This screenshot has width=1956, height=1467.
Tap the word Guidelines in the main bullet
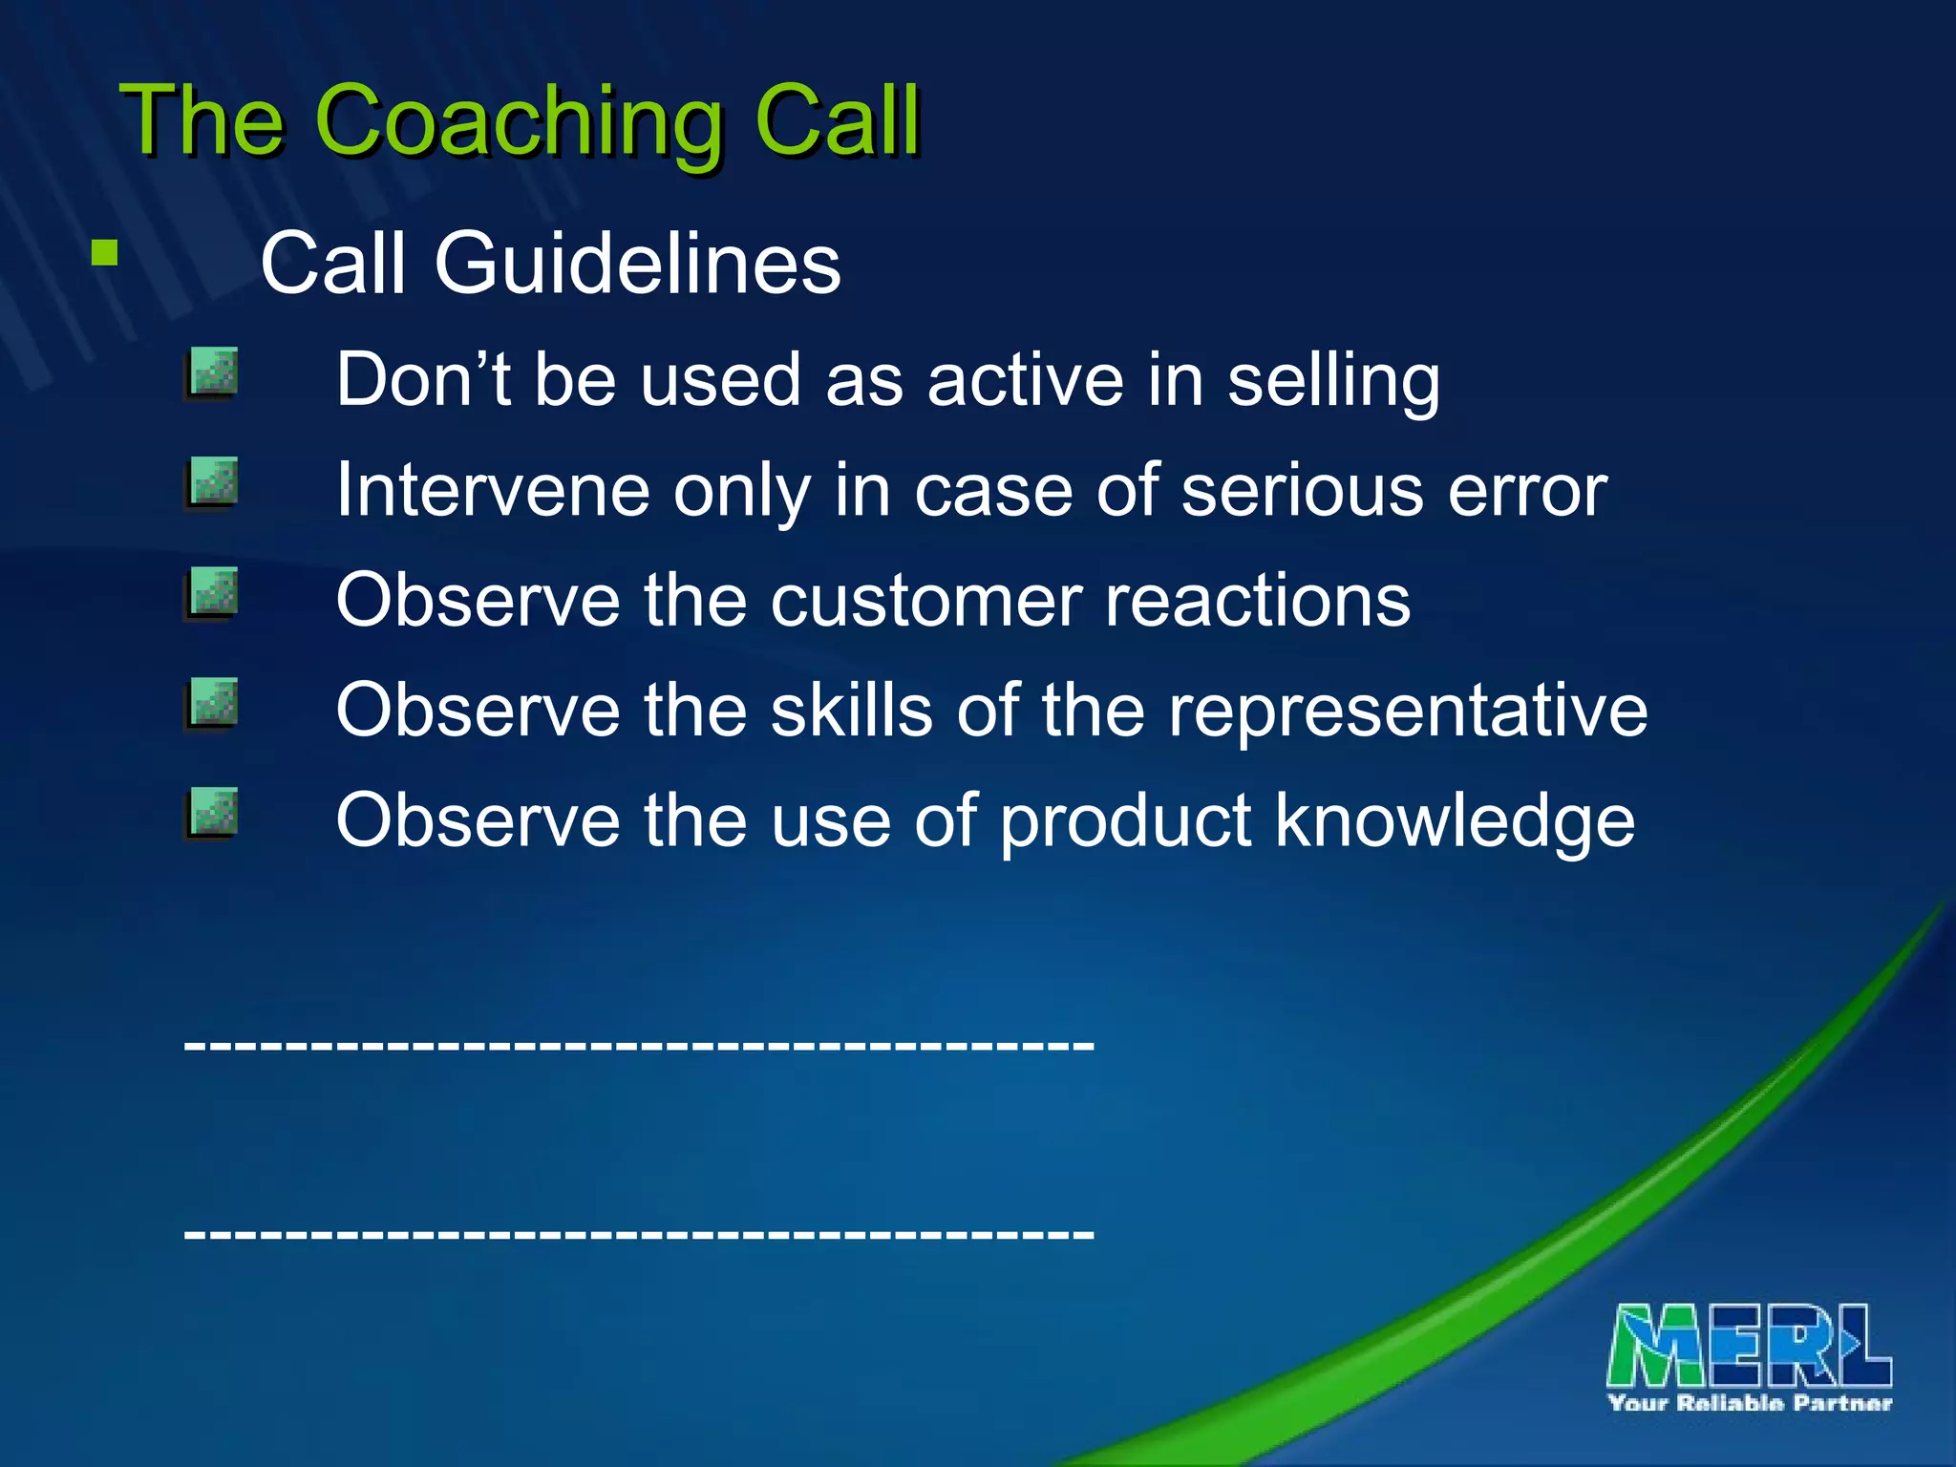click(637, 264)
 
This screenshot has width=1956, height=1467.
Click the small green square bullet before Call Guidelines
click(104, 253)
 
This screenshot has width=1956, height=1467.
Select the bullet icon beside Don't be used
click(212, 373)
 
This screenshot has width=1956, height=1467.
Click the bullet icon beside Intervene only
click(212, 483)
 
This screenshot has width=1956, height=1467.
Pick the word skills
click(851, 711)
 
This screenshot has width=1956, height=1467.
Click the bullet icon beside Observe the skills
click(212, 705)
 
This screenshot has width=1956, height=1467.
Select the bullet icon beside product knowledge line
click(212, 815)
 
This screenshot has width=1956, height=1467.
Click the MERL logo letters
click(1748, 1346)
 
